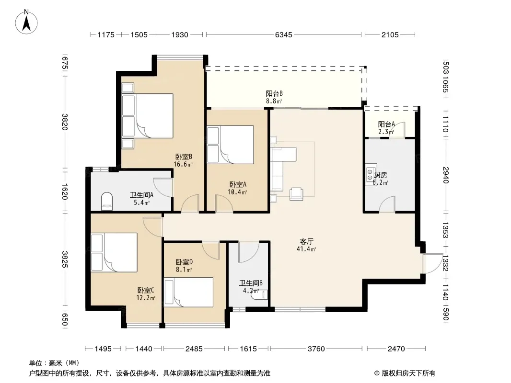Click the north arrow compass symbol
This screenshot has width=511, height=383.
click(26, 22)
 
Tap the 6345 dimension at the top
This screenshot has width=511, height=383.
click(283, 34)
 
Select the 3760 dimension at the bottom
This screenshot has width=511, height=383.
click(316, 349)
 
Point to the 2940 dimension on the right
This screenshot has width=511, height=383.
click(446, 175)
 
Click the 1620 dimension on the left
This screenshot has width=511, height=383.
click(65, 191)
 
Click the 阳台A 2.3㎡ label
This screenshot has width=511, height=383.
click(386, 128)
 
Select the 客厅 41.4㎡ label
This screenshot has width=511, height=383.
click(306, 245)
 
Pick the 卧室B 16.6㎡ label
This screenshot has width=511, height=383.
click(183, 160)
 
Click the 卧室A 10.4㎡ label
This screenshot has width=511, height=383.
click(238, 188)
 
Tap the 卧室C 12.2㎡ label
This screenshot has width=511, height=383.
click(146, 294)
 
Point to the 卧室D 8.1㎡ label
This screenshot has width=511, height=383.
click(184, 266)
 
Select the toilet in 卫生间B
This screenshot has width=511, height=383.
click(259, 294)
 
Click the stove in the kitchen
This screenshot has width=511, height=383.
click(371, 174)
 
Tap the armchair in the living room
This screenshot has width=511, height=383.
click(296, 193)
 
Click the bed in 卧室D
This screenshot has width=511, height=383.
click(189, 292)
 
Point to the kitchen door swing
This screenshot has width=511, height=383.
click(387, 204)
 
